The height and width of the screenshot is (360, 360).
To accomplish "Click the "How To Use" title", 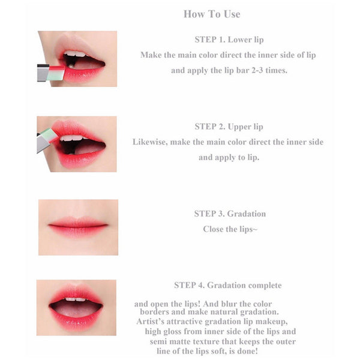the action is pos(212,14).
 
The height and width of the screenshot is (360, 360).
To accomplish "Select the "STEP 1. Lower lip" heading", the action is pos(229,40).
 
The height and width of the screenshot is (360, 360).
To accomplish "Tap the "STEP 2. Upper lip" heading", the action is pos(229,127).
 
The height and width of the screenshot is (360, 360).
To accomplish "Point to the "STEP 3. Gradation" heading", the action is pos(230,214).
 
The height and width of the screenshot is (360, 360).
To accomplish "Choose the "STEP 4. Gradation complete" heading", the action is pos(228,286).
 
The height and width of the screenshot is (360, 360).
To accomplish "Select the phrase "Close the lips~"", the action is pos(230,229).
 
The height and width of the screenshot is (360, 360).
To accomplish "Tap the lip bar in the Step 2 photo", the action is pos(47,139).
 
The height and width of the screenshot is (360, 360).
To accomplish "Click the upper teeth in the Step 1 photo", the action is pos(75,54).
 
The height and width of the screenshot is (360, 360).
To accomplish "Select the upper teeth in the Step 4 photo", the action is pos(76,299).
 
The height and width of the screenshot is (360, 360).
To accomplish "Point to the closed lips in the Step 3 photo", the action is pos(78,227).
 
